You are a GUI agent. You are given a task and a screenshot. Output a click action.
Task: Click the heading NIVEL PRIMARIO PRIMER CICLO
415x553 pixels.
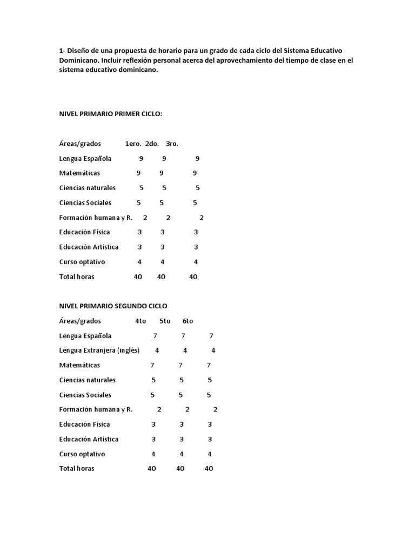click(x=111, y=114)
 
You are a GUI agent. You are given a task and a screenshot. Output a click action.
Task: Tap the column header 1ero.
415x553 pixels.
click(x=133, y=144)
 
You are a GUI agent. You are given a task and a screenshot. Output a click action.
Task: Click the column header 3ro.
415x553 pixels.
click(x=172, y=144)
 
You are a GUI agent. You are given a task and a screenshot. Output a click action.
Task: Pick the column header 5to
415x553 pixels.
click(x=165, y=321)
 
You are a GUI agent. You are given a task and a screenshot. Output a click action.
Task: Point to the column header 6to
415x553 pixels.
click(x=188, y=321)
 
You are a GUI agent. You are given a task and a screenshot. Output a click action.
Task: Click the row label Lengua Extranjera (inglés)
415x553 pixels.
click(x=99, y=350)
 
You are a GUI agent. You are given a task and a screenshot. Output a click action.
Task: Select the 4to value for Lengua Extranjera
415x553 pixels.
click(x=157, y=350)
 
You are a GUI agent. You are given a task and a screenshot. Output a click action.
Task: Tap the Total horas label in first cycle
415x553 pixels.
click(x=77, y=276)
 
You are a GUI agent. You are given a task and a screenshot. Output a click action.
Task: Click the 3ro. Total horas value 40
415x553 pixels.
click(x=193, y=276)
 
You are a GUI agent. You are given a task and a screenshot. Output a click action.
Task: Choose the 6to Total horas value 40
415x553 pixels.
click(x=209, y=469)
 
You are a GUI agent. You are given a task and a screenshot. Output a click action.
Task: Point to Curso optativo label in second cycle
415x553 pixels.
click(x=82, y=454)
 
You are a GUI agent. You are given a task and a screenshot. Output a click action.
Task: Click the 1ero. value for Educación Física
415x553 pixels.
click(x=139, y=232)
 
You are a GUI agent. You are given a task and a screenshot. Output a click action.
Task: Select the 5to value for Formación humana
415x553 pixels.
click(x=187, y=409)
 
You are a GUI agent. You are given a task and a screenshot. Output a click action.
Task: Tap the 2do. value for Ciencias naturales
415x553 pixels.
click(x=164, y=188)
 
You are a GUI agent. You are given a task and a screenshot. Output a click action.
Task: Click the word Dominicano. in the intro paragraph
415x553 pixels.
click(x=79, y=60)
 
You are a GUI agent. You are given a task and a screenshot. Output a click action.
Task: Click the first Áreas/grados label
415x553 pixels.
click(x=80, y=144)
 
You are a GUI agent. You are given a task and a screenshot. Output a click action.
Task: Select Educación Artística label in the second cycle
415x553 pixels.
click(x=89, y=439)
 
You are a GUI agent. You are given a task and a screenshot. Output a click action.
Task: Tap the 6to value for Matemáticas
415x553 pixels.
click(x=209, y=365)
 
